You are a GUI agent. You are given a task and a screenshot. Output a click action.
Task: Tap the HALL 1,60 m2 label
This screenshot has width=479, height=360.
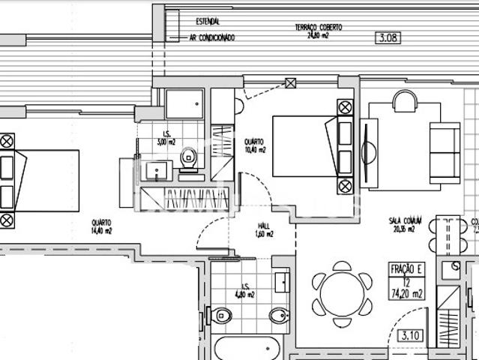[262, 230]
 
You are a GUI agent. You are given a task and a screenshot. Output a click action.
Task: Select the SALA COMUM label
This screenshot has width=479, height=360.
[405, 225]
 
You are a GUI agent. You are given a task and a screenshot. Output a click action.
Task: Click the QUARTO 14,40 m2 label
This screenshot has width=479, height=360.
[101, 227]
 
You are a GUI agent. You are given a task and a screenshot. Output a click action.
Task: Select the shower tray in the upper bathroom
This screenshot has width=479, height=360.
[184, 104]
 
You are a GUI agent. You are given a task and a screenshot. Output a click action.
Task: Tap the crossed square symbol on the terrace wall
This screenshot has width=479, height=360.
[292, 84]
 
